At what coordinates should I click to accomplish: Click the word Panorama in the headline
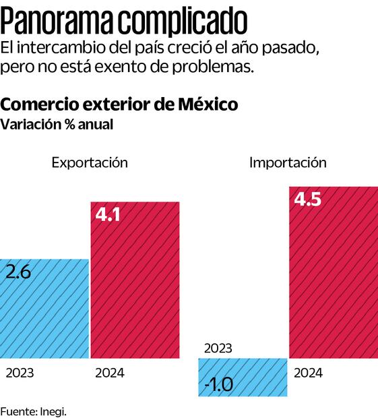(x=64, y=20)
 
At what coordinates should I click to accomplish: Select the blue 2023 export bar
(x=44, y=310)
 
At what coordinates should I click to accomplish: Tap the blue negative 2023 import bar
(x=243, y=378)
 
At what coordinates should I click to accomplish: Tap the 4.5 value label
(x=308, y=200)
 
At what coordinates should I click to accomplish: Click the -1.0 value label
(x=218, y=385)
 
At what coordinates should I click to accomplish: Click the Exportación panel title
(x=90, y=162)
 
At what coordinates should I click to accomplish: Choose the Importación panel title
(x=288, y=162)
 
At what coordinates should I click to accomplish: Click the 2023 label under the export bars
(x=20, y=373)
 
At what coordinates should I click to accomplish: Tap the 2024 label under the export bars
(x=110, y=373)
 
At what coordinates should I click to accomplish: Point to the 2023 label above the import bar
(x=218, y=349)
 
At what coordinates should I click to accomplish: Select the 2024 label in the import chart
(x=309, y=373)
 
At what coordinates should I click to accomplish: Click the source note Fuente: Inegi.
(x=34, y=411)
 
